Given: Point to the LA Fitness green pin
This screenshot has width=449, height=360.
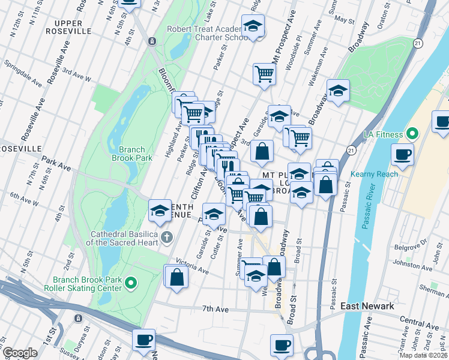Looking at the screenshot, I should (412, 133).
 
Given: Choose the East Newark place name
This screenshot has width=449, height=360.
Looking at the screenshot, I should (367, 306).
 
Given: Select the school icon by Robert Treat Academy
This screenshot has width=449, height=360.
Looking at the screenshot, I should (253, 27).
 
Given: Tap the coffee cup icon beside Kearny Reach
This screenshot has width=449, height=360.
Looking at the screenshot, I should (402, 154).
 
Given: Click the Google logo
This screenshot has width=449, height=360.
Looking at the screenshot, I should (20, 353).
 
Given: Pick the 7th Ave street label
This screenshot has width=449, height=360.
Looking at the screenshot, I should (216, 309).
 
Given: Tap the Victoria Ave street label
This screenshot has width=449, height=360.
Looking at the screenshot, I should (191, 266).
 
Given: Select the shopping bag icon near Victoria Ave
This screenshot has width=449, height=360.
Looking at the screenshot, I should (176, 277).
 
